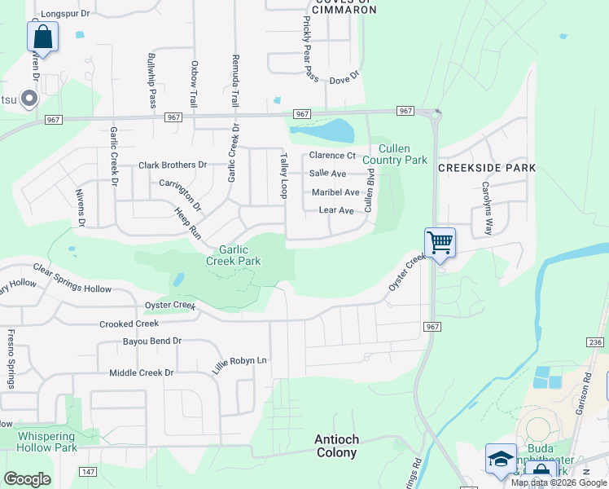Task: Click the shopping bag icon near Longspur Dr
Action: point(42,37)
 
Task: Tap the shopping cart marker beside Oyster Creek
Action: point(440,242)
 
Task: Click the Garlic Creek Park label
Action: point(234,255)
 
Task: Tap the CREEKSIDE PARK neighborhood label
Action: point(487,168)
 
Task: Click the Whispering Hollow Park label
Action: point(47,442)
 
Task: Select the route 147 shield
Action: point(89,473)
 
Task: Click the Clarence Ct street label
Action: point(332,156)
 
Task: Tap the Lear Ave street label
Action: point(336,210)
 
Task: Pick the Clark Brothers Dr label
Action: point(173,165)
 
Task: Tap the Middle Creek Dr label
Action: point(142,372)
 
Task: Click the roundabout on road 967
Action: point(437,114)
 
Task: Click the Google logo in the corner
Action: point(27,479)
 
